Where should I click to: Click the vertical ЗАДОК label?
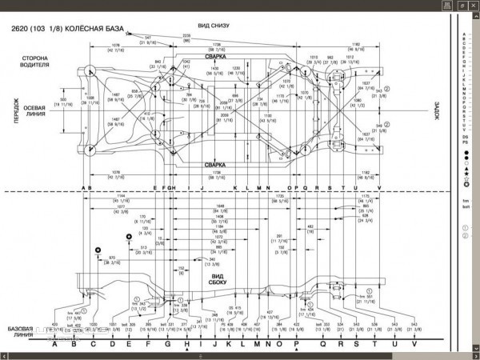[x=438, y=111]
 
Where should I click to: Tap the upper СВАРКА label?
[x=214, y=58]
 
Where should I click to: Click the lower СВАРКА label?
[x=214, y=164]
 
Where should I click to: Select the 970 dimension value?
[x=111, y=258]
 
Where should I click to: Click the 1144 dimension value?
[x=120, y=196]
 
